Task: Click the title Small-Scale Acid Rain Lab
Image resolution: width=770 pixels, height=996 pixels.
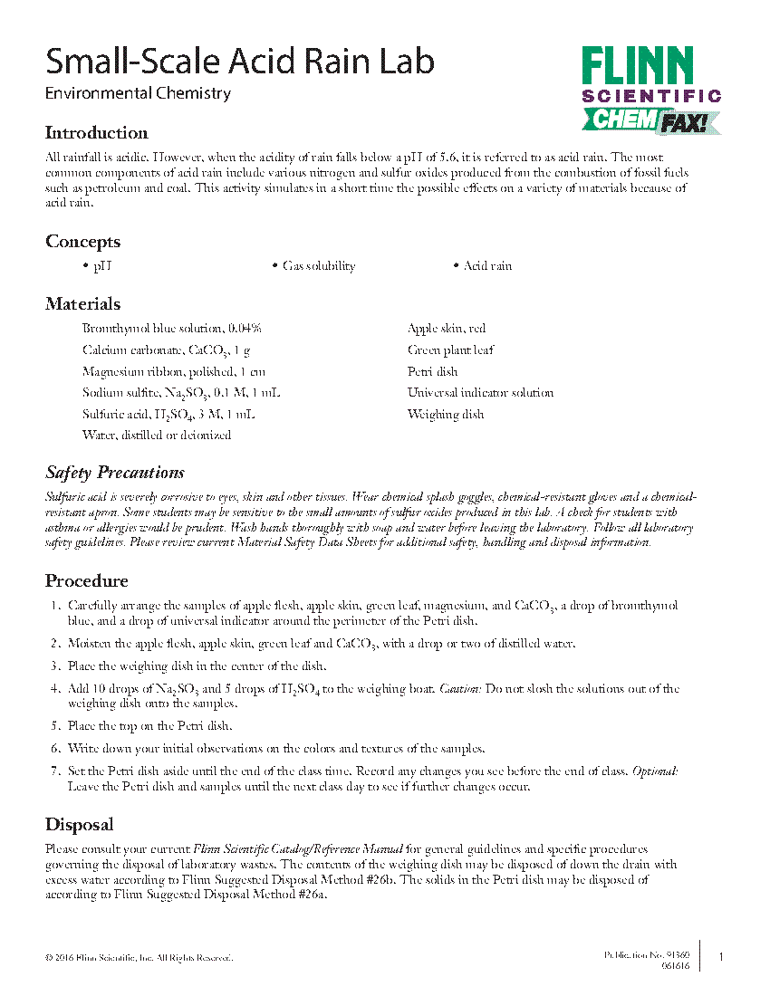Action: [240, 61]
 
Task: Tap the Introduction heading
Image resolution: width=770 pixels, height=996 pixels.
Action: [96, 133]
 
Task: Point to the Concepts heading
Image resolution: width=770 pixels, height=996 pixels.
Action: [82, 242]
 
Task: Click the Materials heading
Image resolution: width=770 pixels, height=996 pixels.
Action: [82, 304]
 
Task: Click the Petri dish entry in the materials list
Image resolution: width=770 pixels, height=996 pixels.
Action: [432, 371]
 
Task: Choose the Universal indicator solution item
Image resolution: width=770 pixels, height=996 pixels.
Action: [480, 393]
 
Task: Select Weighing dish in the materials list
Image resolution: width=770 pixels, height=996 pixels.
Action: [446, 415]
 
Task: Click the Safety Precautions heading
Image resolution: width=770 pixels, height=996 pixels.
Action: [115, 473]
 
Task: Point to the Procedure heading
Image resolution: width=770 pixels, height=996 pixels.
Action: [87, 580]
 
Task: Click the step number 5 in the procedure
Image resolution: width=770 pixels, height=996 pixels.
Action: [55, 725]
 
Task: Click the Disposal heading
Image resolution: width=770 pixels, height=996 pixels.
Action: [80, 825]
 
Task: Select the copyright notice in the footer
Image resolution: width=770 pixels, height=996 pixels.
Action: [139, 958]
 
